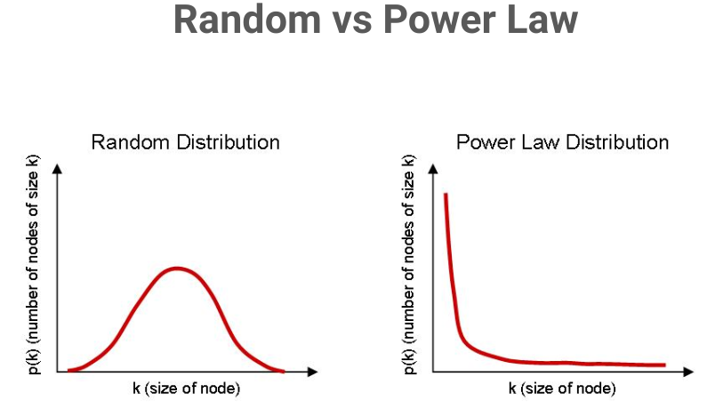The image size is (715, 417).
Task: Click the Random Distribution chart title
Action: (186, 142)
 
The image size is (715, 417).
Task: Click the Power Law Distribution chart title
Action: (562, 142)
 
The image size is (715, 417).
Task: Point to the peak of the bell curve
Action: (178, 268)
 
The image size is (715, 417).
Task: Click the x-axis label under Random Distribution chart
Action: (186, 389)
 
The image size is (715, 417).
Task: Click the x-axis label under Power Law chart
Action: (562, 389)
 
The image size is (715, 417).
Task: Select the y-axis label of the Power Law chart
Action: (409, 267)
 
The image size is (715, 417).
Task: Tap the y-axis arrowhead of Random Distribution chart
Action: (58, 169)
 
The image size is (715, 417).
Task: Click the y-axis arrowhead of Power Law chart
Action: (433, 169)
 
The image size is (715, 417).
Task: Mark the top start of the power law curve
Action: (446, 195)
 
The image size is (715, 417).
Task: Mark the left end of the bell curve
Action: (69, 369)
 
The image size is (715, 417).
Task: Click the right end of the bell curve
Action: (283, 370)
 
